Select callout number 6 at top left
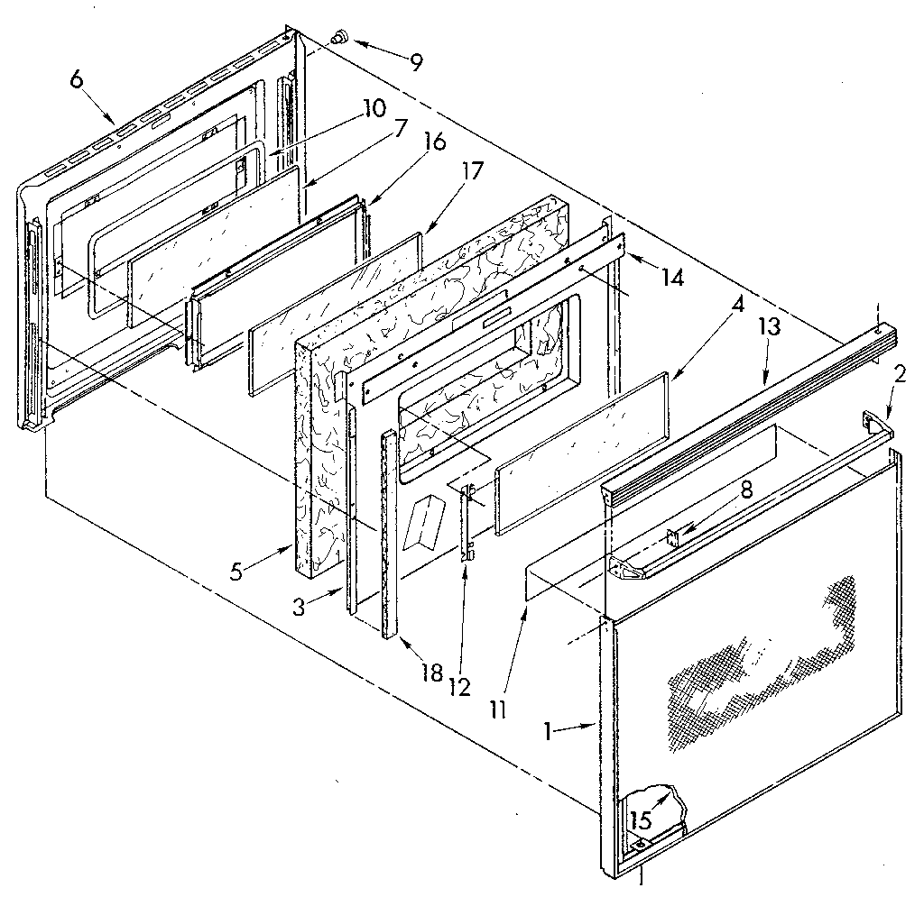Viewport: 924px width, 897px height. (x=77, y=79)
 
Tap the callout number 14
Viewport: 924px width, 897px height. (x=671, y=279)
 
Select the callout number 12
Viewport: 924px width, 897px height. (x=461, y=687)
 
